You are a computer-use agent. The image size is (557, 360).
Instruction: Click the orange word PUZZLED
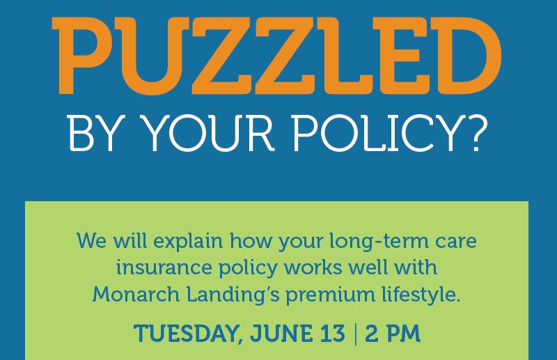click(276, 56)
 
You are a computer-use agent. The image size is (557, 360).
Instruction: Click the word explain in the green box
click(188, 242)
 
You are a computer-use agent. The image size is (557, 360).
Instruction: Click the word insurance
click(164, 267)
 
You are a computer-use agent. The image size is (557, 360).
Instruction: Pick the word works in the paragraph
click(313, 267)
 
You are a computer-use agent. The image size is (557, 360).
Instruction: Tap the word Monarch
click(136, 295)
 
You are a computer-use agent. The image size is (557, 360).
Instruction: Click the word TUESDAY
click(189, 334)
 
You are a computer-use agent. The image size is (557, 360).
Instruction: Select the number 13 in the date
click(332, 334)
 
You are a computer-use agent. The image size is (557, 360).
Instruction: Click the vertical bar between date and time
click(356, 334)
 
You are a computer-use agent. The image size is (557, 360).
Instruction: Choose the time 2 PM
click(393, 334)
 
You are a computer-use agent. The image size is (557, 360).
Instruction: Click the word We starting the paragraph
click(91, 241)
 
